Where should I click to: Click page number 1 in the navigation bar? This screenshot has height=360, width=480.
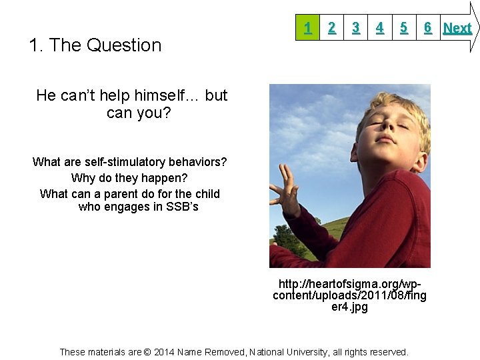click(x=307, y=27)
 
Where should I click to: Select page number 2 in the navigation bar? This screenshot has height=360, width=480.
click(x=331, y=27)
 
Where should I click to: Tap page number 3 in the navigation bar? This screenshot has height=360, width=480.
click(x=356, y=27)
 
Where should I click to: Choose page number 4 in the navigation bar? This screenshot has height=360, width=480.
click(x=379, y=27)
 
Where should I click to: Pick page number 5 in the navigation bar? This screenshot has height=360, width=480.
click(x=403, y=27)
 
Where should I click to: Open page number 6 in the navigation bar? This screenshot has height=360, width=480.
click(x=427, y=27)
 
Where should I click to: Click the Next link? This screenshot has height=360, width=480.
click(x=457, y=28)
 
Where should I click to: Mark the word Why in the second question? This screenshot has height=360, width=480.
click(x=83, y=178)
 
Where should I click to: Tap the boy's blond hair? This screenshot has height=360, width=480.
click(x=400, y=107)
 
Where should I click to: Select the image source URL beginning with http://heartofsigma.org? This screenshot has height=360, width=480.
click(x=350, y=295)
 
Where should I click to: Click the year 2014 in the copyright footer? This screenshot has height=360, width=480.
click(x=163, y=352)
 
